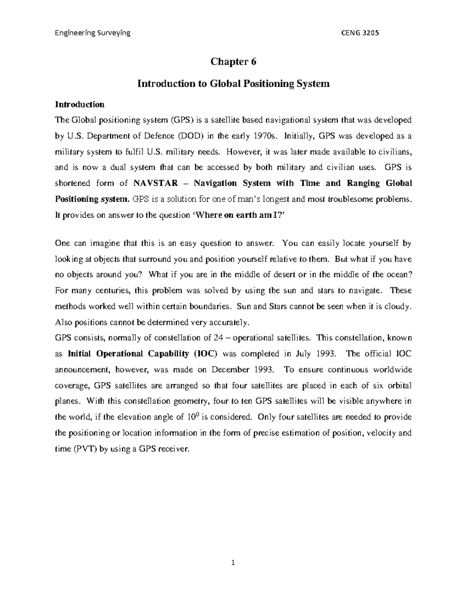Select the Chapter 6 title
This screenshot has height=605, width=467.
[233, 62]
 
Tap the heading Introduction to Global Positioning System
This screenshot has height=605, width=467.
[233, 83]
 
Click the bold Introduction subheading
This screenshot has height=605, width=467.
[80, 104]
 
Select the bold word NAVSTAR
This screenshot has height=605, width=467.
[155, 183]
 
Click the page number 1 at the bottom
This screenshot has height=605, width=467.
[233, 562]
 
